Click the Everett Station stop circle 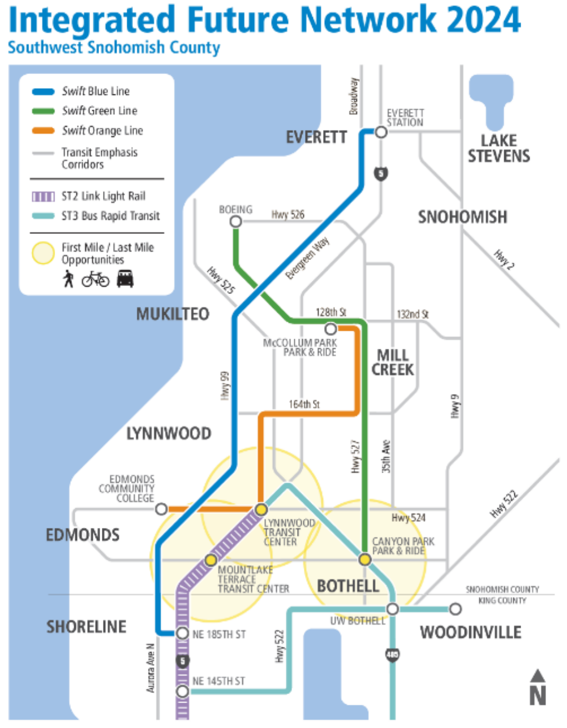(x=381, y=132)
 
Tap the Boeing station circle (x=236, y=222)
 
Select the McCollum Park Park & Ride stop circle (x=330, y=328)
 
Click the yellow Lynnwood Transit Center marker (x=261, y=509)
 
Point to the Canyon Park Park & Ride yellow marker (x=365, y=559)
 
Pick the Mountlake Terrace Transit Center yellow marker (x=211, y=560)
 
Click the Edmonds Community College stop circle (x=161, y=509)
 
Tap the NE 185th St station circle (x=182, y=634)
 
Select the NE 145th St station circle (x=182, y=691)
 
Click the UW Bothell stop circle (x=393, y=609)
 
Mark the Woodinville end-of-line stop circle (x=456, y=609)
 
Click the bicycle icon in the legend (x=96, y=279)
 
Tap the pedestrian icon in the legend (x=68, y=279)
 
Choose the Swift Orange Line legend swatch (x=44, y=131)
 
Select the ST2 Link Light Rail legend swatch (x=44, y=196)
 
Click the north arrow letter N (x=538, y=695)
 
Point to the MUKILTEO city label (x=173, y=314)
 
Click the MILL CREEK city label (x=393, y=362)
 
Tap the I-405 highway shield (x=392, y=655)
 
